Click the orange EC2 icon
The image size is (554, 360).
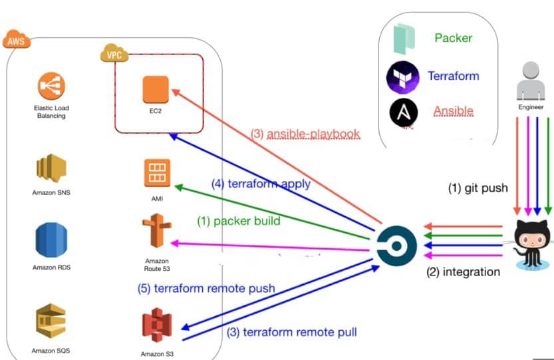point(156,89)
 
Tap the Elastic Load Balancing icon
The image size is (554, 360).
point(51,87)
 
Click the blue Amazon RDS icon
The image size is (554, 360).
point(51,241)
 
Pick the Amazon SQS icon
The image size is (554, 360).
point(51,322)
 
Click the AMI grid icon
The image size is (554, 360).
point(157,174)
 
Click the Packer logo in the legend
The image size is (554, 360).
point(404,39)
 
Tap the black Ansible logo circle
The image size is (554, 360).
point(404,112)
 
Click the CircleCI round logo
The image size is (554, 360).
point(396,244)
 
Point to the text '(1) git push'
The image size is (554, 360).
point(478,188)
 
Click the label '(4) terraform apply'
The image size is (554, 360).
point(261,183)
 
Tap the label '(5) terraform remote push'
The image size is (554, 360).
point(207,288)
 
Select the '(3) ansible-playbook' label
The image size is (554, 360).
point(305,134)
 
